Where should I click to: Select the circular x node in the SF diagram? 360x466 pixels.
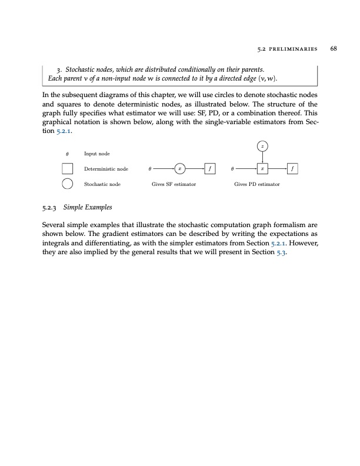click(181, 168)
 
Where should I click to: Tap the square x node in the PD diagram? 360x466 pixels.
click(262, 168)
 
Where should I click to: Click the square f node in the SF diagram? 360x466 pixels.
click(210, 168)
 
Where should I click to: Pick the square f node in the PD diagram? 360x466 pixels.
click(292, 168)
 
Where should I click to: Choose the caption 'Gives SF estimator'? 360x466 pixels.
click(174, 184)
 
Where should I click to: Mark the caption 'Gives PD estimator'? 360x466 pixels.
click(257, 184)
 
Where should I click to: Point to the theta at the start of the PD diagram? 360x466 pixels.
click(233, 168)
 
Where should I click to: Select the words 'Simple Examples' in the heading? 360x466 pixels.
click(86, 208)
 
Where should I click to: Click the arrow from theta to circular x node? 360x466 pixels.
click(165, 168)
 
